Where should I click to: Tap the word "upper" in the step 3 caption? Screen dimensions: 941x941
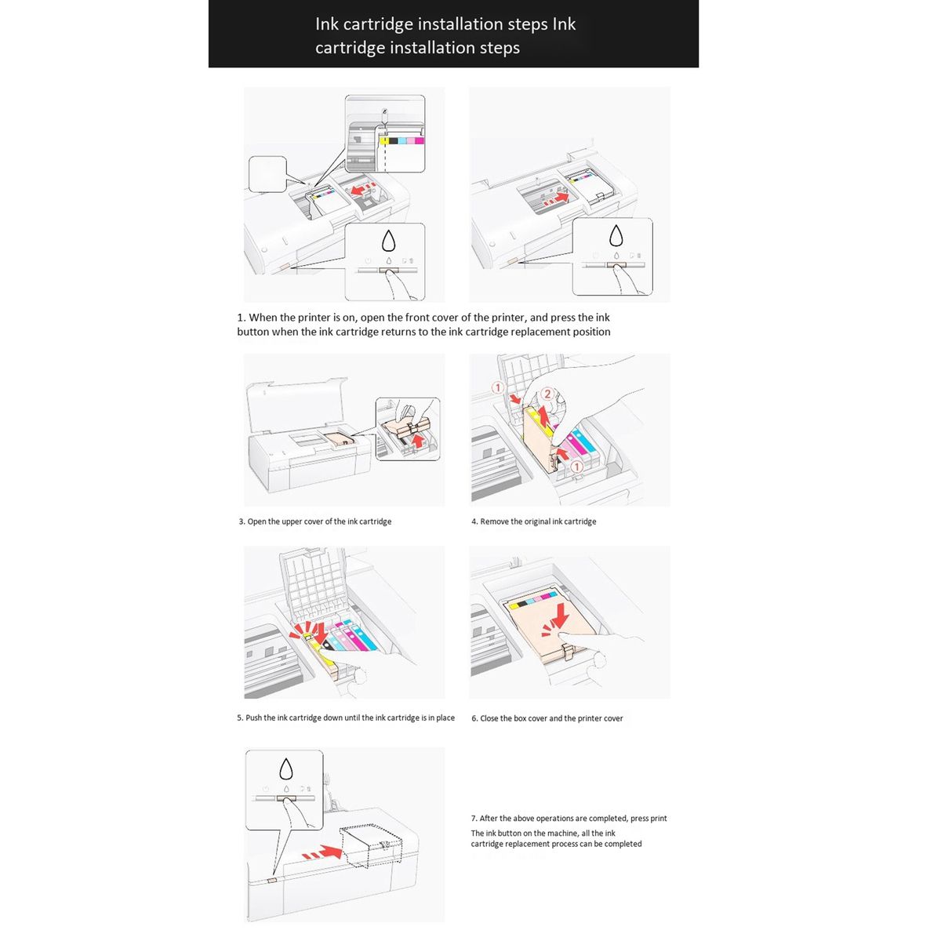coord(288,521)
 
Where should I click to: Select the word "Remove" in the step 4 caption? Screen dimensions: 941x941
coord(495,521)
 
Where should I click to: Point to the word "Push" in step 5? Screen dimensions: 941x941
coord(254,718)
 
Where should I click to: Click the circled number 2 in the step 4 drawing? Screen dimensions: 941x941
coord(548,394)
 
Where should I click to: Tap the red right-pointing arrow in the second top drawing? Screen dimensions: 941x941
coord(558,200)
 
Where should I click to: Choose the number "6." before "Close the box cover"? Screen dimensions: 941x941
coord(474,718)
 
